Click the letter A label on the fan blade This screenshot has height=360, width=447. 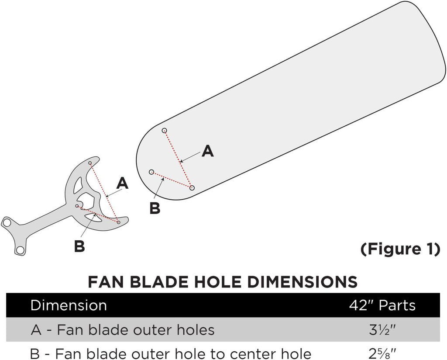click(208, 151)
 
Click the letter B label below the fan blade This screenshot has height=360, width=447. click(155, 208)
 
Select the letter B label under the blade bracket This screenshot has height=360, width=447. click(79, 246)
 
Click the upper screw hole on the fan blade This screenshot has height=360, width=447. click(165, 130)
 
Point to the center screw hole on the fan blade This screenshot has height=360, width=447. click(151, 172)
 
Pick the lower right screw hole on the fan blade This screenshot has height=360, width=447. click(192, 188)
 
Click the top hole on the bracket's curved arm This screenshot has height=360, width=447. click(90, 163)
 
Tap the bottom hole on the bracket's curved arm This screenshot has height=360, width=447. click(118, 222)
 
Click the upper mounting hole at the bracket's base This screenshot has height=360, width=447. click(7, 222)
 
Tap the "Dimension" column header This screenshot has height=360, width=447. click(68, 305)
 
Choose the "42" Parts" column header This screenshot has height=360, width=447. click(382, 305)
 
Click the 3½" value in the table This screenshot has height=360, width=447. click(382, 329)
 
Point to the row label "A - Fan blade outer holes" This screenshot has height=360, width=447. click(123, 329)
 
